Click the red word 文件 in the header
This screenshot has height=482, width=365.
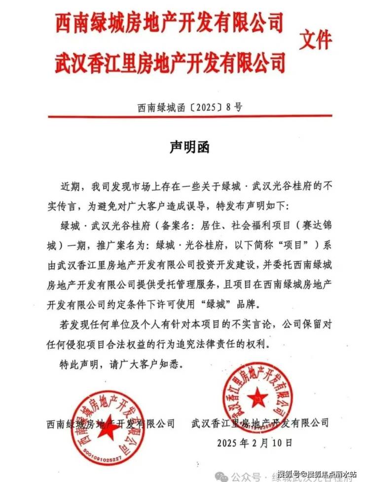[x=316, y=40]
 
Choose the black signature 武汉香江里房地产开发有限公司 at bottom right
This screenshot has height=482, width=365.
[x=259, y=423]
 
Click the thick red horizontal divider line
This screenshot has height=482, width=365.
[x=189, y=117]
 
